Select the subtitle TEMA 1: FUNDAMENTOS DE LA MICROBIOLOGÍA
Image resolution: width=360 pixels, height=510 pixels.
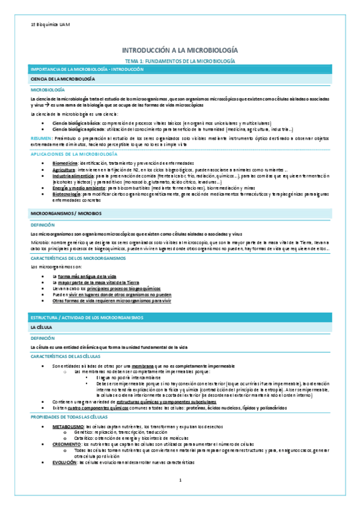coord(180,61)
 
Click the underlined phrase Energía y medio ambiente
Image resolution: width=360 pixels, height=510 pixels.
coord(75,188)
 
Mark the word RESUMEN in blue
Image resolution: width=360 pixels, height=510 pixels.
coord(40,138)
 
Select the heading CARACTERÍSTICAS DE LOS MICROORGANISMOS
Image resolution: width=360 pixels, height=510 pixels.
coord(79,257)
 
